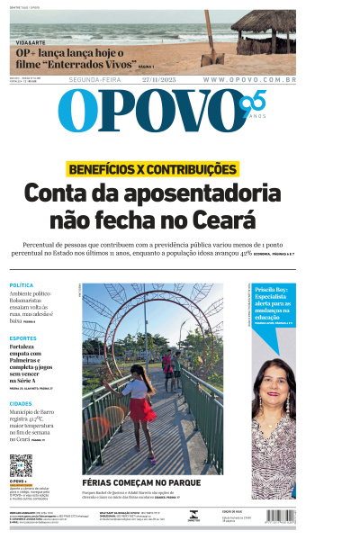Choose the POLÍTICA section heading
click(22, 285)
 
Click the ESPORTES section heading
click(23, 337)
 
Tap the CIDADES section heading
click(21, 404)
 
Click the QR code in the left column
click(21, 464)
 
